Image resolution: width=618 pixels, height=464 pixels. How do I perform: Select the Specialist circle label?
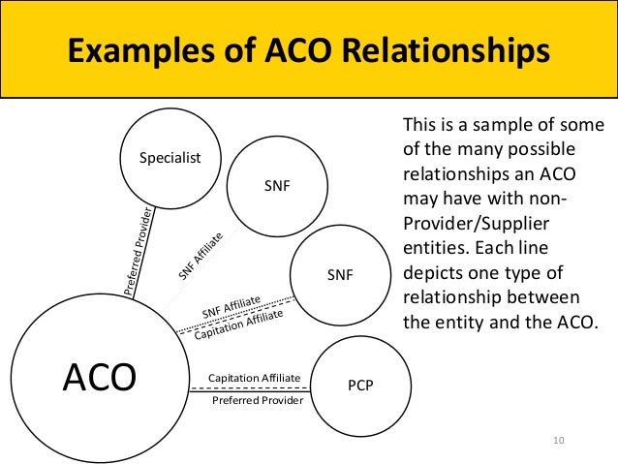(166, 157)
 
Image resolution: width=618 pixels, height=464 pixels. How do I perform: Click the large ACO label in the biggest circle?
(99, 377)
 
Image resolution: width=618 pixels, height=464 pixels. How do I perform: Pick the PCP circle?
(359, 386)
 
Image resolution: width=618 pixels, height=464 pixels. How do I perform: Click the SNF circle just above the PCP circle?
(339, 275)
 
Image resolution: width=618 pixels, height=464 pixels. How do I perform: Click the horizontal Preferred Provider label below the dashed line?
(257, 399)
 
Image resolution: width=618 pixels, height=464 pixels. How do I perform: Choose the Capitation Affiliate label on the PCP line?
(255, 377)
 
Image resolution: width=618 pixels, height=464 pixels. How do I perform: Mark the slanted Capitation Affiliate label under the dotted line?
(238, 325)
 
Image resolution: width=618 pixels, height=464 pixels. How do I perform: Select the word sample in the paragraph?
(490, 125)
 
